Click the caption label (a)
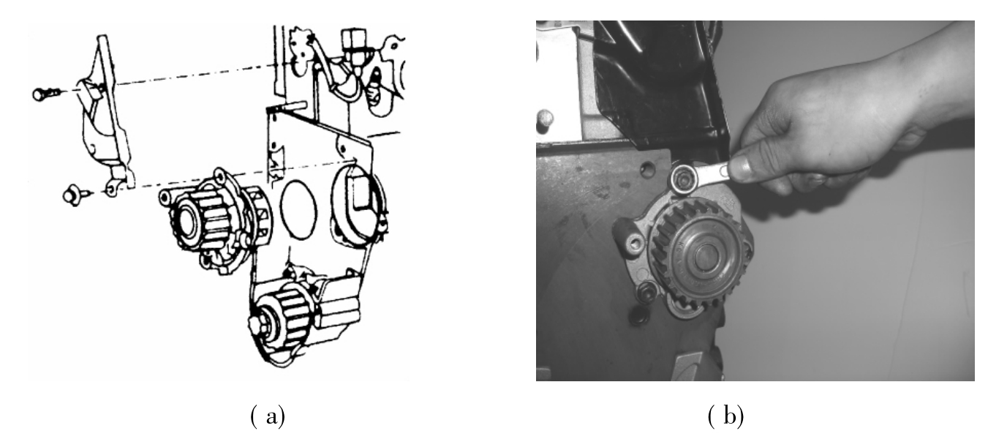coord(268,416)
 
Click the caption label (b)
coord(725,416)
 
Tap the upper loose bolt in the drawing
coord(46,94)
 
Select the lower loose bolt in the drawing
coord(76,195)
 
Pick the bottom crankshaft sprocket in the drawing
coord(282,322)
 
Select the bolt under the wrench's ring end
coord(683,179)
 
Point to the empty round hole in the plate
coord(648,169)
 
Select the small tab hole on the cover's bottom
coord(112,189)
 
